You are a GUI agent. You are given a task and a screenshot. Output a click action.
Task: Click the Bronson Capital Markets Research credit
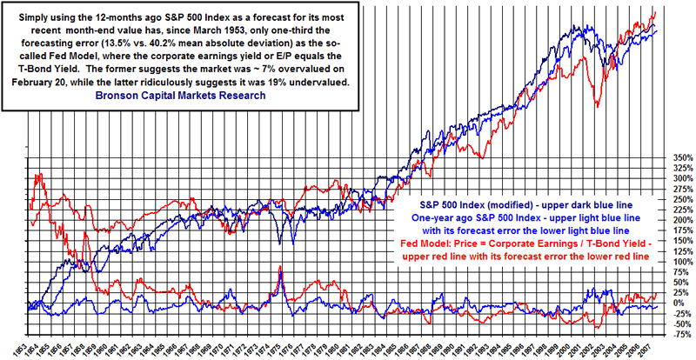pyautogui.click(x=181, y=96)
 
